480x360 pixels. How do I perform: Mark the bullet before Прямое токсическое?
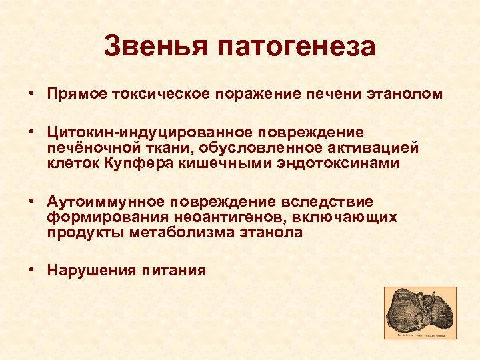click(32, 94)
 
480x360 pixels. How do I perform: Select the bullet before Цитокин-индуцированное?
click(32, 133)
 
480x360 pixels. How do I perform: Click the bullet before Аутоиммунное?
click(32, 202)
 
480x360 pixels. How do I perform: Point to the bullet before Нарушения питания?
click(32, 271)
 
